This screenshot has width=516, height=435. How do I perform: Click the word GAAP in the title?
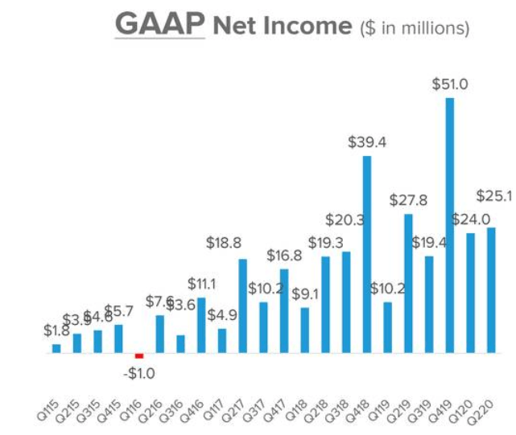click(x=159, y=26)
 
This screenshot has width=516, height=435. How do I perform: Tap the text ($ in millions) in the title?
click(x=413, y=28)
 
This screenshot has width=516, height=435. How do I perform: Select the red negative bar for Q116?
click(x=138, y=355)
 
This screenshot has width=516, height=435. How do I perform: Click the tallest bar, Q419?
click(x=449, y=225)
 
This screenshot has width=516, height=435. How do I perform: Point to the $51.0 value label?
click(x=449, y=84)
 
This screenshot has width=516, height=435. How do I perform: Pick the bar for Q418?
click(x=367, y=254)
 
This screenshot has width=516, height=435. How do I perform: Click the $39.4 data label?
click(x=367, y=142)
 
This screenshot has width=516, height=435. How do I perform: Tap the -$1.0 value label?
click(x=139, y=373)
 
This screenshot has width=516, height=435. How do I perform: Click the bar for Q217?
click(x=242, y=306)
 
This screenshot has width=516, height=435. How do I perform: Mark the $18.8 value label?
click(x=242, y=243)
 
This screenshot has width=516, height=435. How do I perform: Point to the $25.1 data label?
click(x=495, y=195)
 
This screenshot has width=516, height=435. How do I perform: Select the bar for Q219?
click(x=408, y=283)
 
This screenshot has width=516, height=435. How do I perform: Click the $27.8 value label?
click(x=408, y=199)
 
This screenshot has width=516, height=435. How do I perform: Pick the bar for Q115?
click(x=56, y=348)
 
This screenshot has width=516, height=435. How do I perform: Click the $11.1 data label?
click(x=202, y=284)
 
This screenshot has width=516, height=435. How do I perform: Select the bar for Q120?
click(x=470, y=293)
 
